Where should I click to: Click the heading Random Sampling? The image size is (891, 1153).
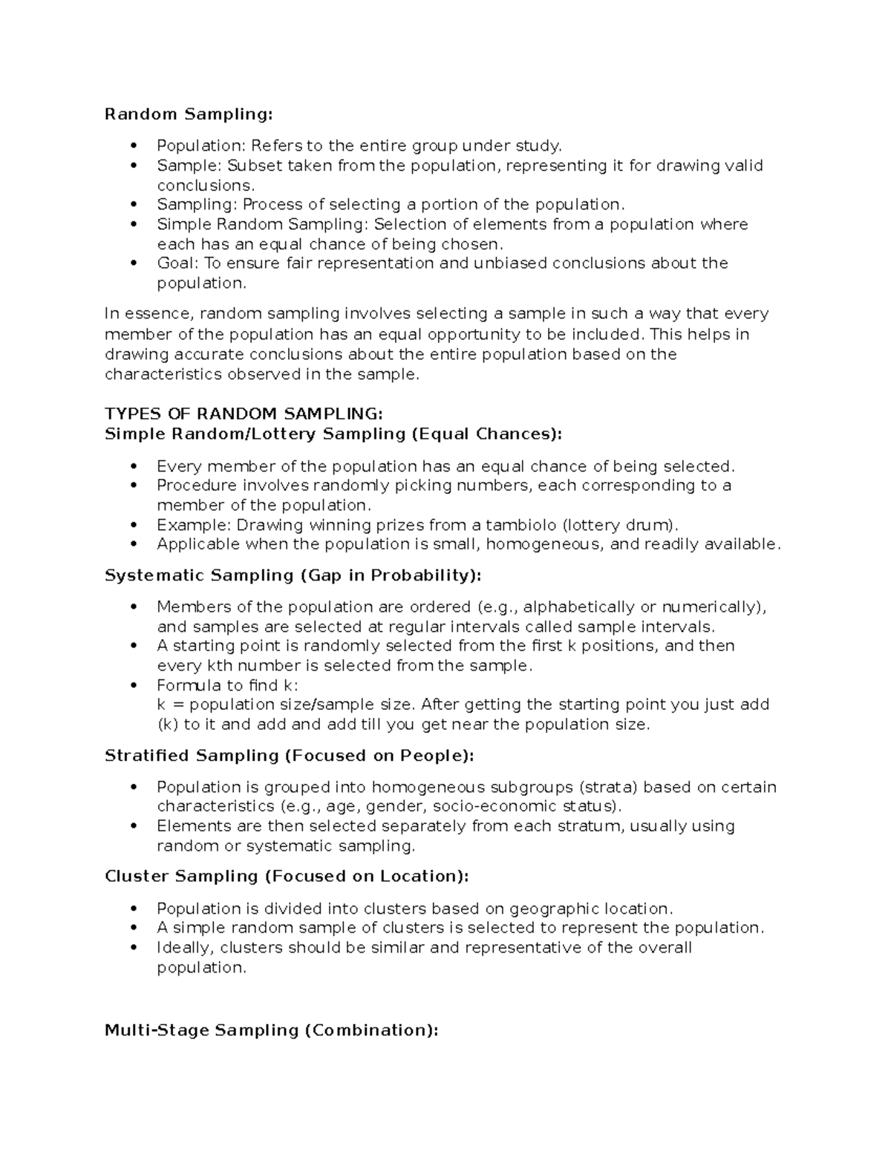point(189,114)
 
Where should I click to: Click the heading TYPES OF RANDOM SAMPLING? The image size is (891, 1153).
point(244,414)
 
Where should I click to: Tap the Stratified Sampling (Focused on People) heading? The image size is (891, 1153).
point(289,756)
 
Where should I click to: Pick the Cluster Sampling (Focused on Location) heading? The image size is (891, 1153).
point(287,877)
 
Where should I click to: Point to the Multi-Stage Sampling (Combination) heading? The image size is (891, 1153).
point(271,1030)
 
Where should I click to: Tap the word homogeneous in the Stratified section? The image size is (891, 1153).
point(428,787)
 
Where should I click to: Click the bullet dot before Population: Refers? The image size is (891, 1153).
point(134,146)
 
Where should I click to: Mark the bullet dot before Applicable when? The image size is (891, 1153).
point(134,544)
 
